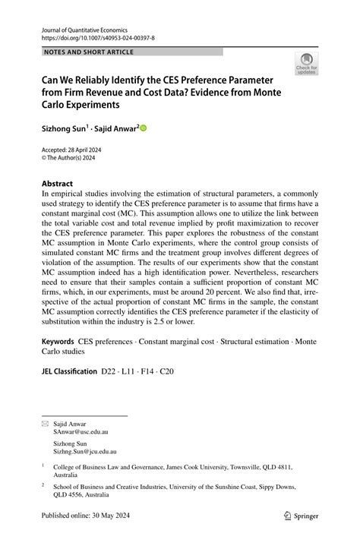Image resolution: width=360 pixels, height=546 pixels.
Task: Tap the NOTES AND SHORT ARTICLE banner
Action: click(90, 52)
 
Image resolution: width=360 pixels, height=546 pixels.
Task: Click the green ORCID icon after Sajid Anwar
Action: click(143, 129)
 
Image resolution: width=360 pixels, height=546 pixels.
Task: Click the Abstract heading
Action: click(58, 184)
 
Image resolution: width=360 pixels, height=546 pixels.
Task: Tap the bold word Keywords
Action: click(58, 342)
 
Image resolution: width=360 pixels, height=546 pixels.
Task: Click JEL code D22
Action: click(109, 373)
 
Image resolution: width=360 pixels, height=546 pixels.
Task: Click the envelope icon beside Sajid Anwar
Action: click(45, 424)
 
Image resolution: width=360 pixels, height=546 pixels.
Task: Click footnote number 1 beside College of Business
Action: click(43, 466)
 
